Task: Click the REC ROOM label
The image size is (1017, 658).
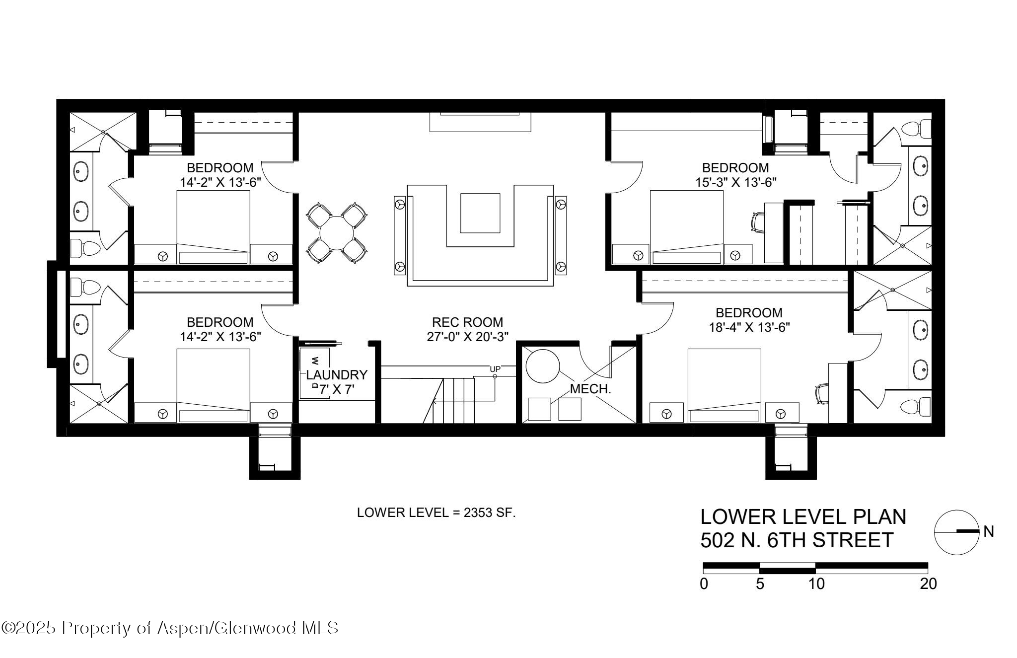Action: coord(467,322)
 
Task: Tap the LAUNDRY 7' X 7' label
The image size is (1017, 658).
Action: coord(337,382)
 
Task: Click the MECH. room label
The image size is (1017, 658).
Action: coord(590,389)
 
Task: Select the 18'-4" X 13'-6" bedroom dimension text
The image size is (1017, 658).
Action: coord(748,327)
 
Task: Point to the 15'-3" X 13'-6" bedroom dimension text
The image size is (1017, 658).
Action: coord(735,182)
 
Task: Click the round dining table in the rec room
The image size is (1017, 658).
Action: coord(337,233)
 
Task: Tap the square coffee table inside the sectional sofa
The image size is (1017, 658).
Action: coord(480,213)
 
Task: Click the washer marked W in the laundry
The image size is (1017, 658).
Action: coord(314,360)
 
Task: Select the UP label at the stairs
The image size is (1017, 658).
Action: coord(495,369)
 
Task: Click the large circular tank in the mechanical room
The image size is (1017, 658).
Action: coord(542,366)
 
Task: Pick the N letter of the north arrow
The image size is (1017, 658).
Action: coord(988,532)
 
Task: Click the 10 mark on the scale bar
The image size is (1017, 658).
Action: coord(816,584)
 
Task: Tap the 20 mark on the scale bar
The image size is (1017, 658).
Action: coord(928,584)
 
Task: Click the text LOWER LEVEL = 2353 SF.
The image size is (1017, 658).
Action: coord(436,513)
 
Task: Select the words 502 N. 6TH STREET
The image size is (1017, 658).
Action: coord(797,540)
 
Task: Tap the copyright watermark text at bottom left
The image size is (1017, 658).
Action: coord(170,628)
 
